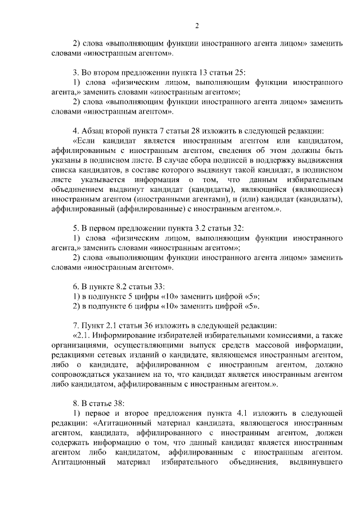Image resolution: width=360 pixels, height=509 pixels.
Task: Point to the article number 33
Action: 156,285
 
